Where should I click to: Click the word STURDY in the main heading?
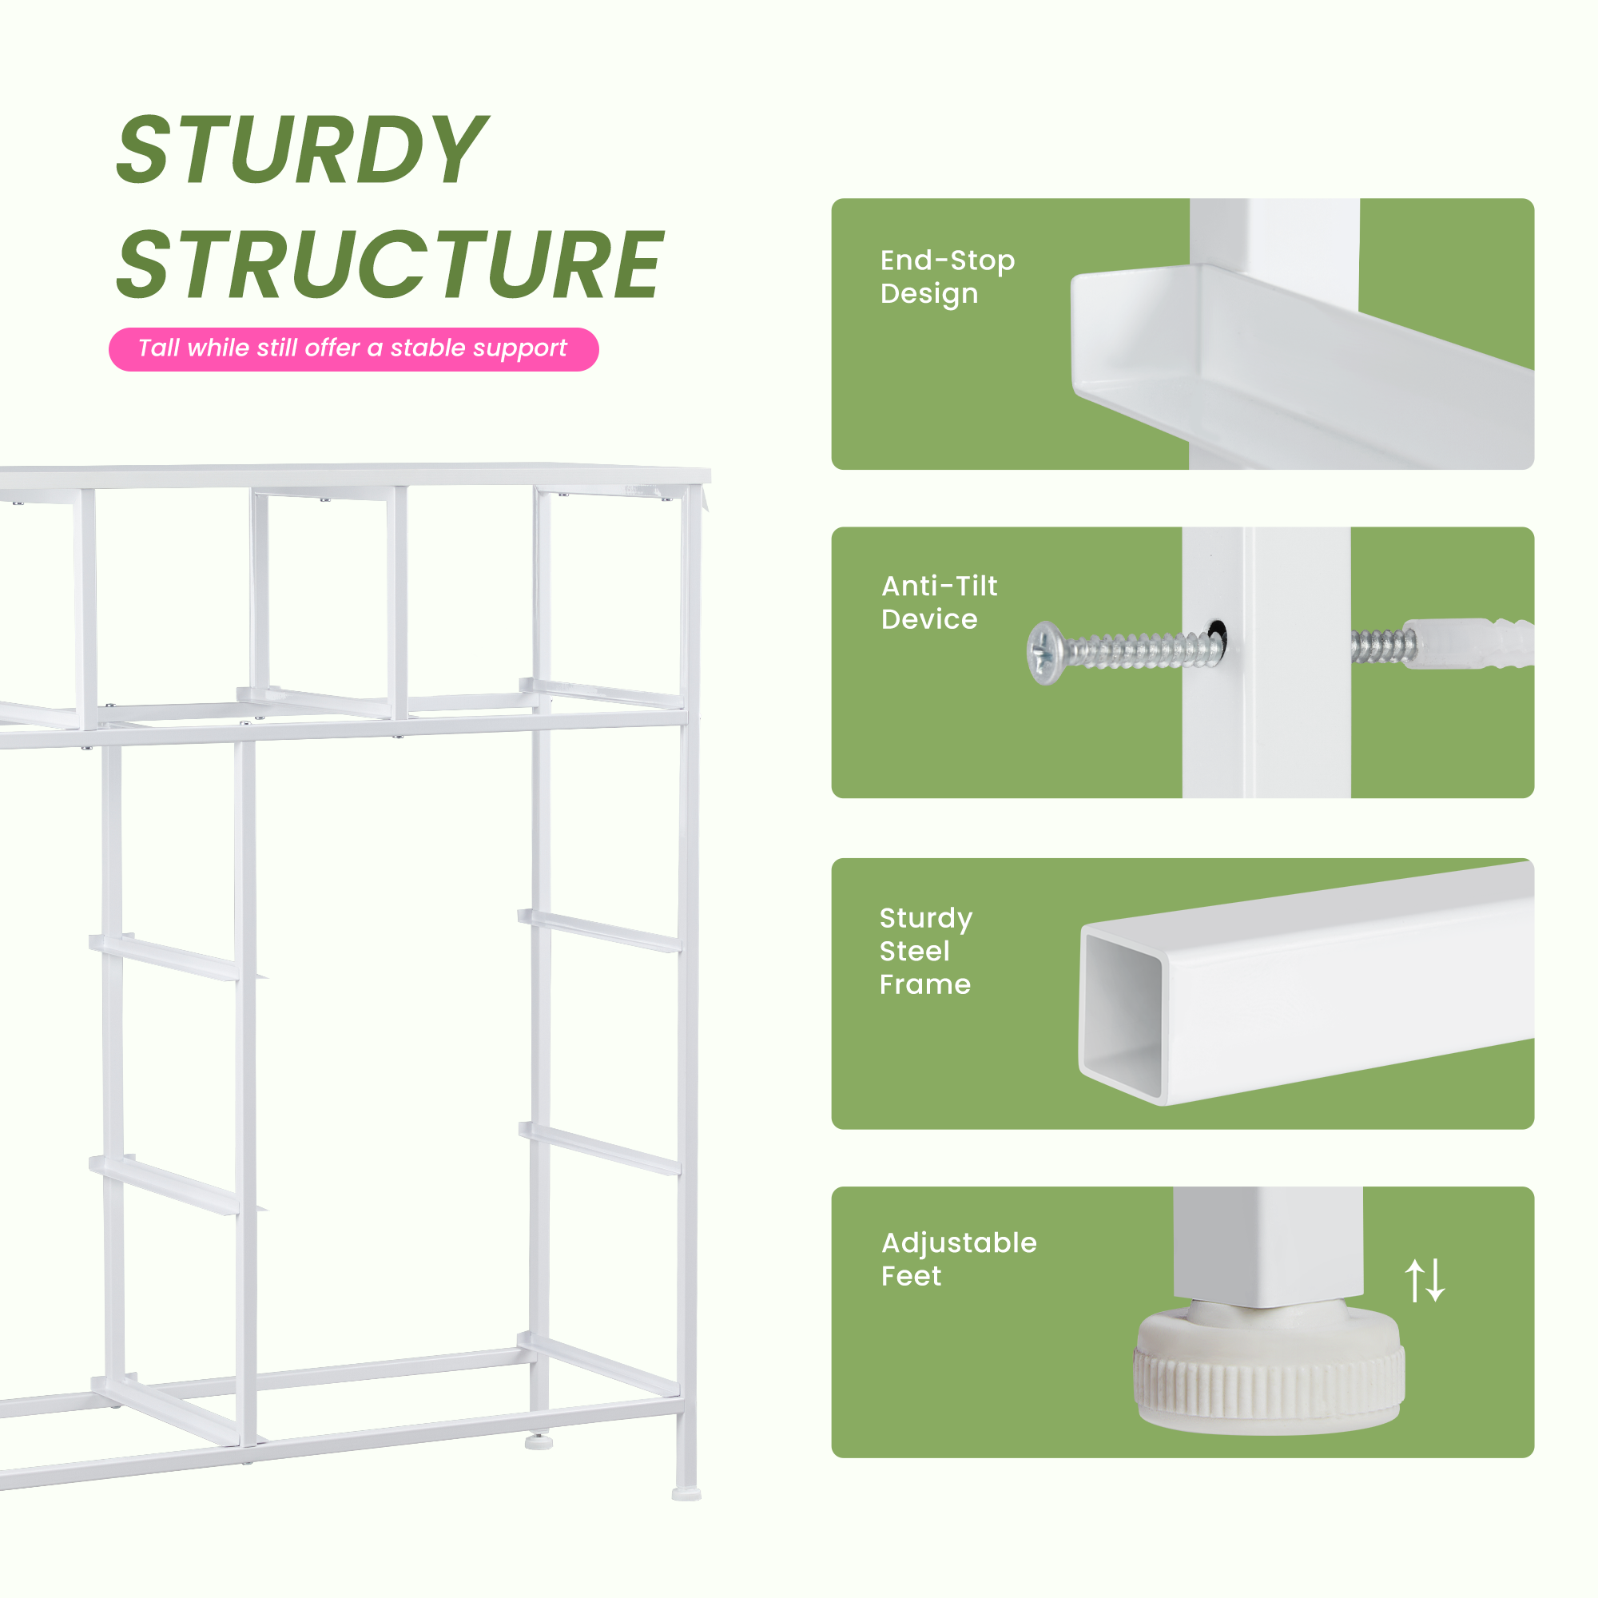pos(302,149)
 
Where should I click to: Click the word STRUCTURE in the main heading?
pos(390,264)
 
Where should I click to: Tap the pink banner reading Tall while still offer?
pos(353,349)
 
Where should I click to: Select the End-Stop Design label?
pos(947,277)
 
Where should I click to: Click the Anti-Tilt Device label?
pos(939,602)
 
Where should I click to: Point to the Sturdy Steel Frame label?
pos(925,950)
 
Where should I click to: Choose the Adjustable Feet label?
pos(959,1259)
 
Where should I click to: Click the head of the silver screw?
pos(1044,653)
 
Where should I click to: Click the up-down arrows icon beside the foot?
pos(1425,1280)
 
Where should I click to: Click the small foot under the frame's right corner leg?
pos(686,1494)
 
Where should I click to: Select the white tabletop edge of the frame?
pos(356,475)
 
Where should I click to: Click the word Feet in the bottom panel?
pos(911,1276)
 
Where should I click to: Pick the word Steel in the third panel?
pos(914,951)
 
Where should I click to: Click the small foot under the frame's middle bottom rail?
pos(539,1441)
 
